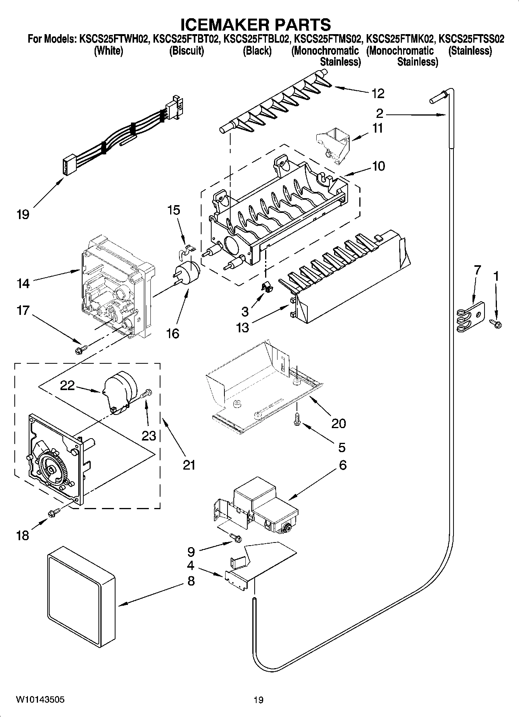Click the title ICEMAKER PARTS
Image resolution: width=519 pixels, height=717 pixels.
256,24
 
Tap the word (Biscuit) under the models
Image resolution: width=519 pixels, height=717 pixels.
186,51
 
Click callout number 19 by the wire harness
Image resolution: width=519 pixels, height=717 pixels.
23,214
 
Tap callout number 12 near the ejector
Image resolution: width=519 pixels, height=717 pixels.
378,93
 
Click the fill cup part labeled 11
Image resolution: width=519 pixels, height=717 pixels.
333,145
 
